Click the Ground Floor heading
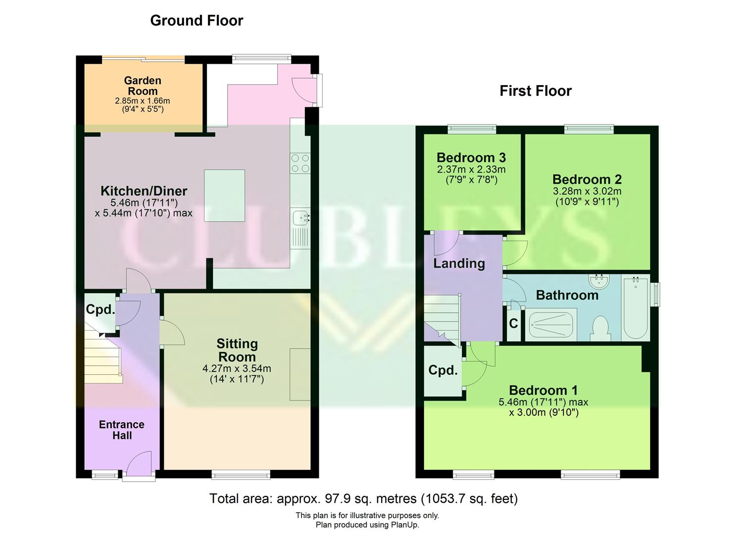pos(196,21)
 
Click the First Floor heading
pos(536,91)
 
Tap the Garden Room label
pos(143,86)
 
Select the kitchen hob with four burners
pos(300,164)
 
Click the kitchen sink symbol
pos(300,218)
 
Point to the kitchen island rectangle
pos(224,195)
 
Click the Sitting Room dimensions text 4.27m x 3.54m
pos(237,369)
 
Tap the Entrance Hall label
pos(122,430)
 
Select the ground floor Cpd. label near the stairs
pos(100,310)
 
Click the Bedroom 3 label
pos(471,158)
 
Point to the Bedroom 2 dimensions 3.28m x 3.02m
pos(587,191)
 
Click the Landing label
pos(459,264)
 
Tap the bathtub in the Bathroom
pos(636,308)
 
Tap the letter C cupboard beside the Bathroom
pos(514,324)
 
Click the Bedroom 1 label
pos(543,391)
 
